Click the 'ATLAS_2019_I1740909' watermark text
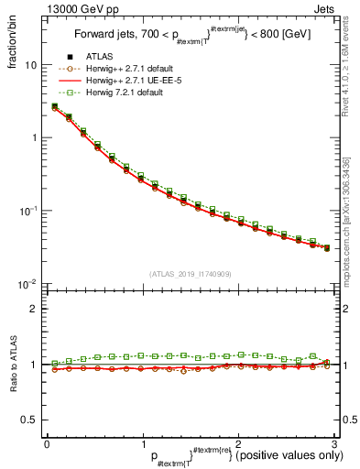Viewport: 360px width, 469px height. point(188,275)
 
